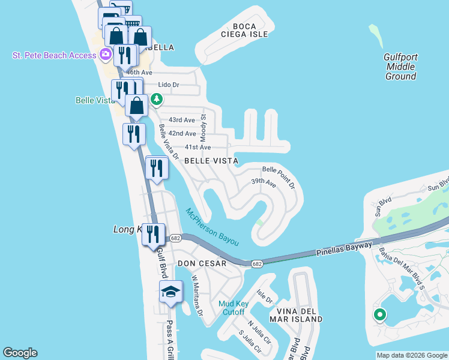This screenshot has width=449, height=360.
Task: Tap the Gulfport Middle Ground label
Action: (x=400, y=67)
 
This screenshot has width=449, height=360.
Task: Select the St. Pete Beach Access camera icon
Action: (x=106, y=55)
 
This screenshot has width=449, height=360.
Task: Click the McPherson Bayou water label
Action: (x=212, y=227)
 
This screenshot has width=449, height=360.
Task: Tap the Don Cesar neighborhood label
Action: (x=202, y=263)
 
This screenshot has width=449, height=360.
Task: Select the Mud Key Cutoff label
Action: (x=231, y=308)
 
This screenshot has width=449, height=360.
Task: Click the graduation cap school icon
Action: (x=170, y=293)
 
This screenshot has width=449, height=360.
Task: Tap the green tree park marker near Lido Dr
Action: (x=157, y=99)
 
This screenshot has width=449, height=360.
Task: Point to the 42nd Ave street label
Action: (x=182, y=133)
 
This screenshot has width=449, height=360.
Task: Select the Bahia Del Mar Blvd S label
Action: (x=399, y=271)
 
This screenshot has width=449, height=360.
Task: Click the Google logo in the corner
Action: (x=20, y=353)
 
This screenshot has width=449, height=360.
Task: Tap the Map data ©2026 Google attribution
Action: (x=412, y=355)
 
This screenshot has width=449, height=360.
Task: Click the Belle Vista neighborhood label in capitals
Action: (x=211, y=161)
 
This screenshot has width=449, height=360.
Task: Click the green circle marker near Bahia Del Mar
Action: (x=379, y=314)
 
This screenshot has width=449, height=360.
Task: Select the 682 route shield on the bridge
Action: (x=256, y=263)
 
